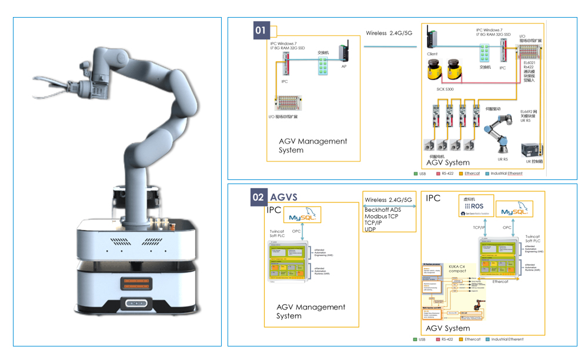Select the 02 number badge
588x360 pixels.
[259, 197]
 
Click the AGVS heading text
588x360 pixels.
[286, 197]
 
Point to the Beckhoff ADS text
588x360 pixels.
[383, 209]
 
